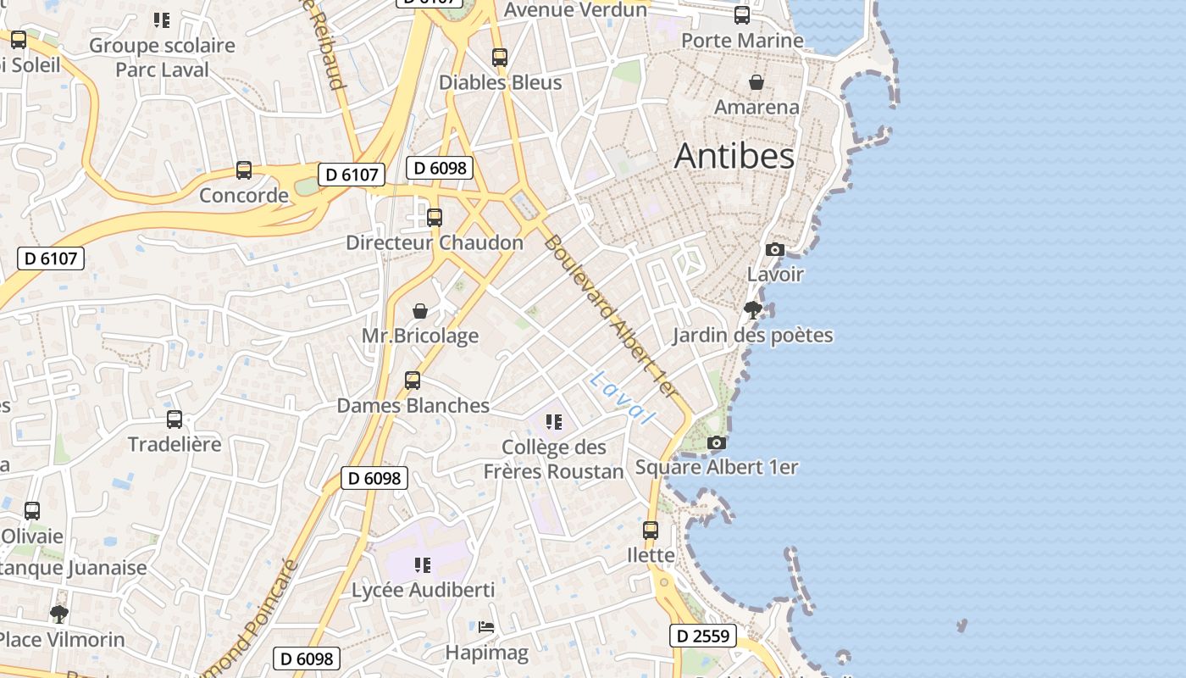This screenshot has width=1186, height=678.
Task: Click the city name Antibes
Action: (734, 156)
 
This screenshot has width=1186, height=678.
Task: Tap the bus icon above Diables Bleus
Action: (500, 58)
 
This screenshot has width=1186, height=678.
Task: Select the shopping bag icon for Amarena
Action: (756, 82)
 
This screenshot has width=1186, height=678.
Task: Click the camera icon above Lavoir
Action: (774, 249)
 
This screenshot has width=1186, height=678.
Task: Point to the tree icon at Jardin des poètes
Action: (752, 310)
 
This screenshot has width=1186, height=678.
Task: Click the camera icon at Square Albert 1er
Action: (717, 442)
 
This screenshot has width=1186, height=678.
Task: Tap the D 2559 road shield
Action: (702, 636)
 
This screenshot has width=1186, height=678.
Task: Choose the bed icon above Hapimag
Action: (486, 627)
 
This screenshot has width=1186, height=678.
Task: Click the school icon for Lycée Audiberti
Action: (423, 564)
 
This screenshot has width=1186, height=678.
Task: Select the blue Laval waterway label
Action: (623, 397)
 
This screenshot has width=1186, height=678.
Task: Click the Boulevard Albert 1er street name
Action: (611, 316)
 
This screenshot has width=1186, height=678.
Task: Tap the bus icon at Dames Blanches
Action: (413, 381)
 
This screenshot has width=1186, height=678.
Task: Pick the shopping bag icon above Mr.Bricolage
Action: (420, 311)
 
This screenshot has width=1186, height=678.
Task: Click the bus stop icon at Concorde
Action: (244, 170)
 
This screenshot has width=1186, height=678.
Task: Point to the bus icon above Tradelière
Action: (175, 419)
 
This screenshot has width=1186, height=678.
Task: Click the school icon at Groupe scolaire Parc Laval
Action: (162, 19)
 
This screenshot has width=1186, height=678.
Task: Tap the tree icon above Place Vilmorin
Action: (58, 614)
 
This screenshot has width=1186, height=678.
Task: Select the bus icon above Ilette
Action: (651, 531)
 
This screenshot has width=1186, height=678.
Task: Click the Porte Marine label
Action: (742, 41)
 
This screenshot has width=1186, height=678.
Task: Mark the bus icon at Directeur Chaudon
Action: (435, 218)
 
